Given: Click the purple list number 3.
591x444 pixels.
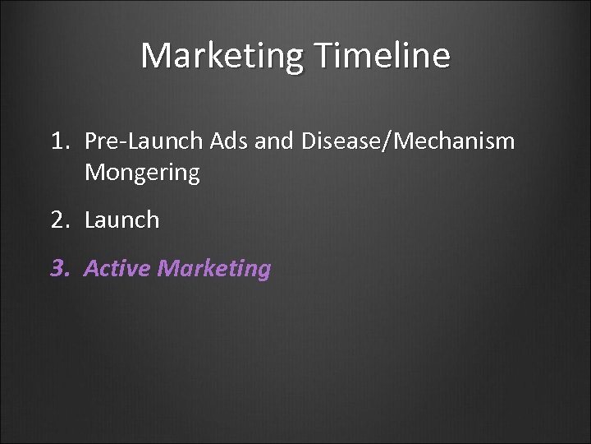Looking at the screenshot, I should point(59,268).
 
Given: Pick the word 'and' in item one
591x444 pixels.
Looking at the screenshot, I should point(272,141).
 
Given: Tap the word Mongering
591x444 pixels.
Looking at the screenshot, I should point(141,173).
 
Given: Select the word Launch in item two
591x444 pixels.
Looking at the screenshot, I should point(121,220).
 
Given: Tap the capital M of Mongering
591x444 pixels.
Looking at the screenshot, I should point(94,173).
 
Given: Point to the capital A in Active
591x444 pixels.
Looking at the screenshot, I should point(91,268).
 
